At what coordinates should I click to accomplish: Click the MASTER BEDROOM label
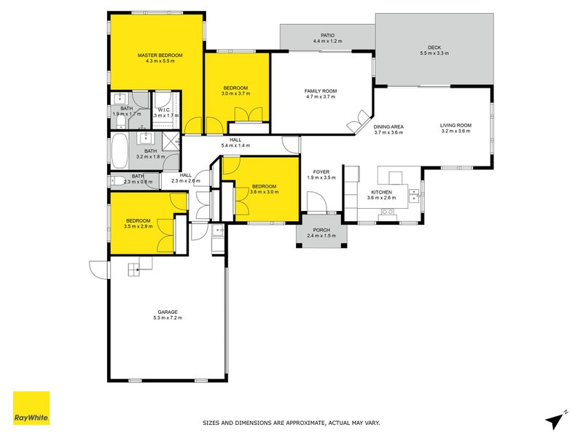pyautogui.click(x=160, y=55)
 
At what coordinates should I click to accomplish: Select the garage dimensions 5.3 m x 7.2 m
pyautogui.click(x=168, y=318)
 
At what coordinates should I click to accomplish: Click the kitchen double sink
pyautogui.click(x=413, y=195)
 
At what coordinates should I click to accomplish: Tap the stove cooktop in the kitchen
pyautogui.click(x=388, y=213)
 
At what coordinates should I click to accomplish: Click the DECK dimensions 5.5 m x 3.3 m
pyautogui.click(x=434, y=53)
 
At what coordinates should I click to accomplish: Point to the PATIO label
pyautogui.click(x=326, y=35)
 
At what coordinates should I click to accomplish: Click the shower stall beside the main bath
pyautogui.click(x=168, y=141)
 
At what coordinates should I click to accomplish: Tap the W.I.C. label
pyautogui.click(x=162, y=109)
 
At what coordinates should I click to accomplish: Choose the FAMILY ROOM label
pyautogui.click(x=320, y=91)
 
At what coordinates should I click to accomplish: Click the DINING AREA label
pyautogui.click(x=388, y=126)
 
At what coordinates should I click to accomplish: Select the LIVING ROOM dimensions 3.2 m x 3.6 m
pyautogui.click(x=455, y=131)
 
